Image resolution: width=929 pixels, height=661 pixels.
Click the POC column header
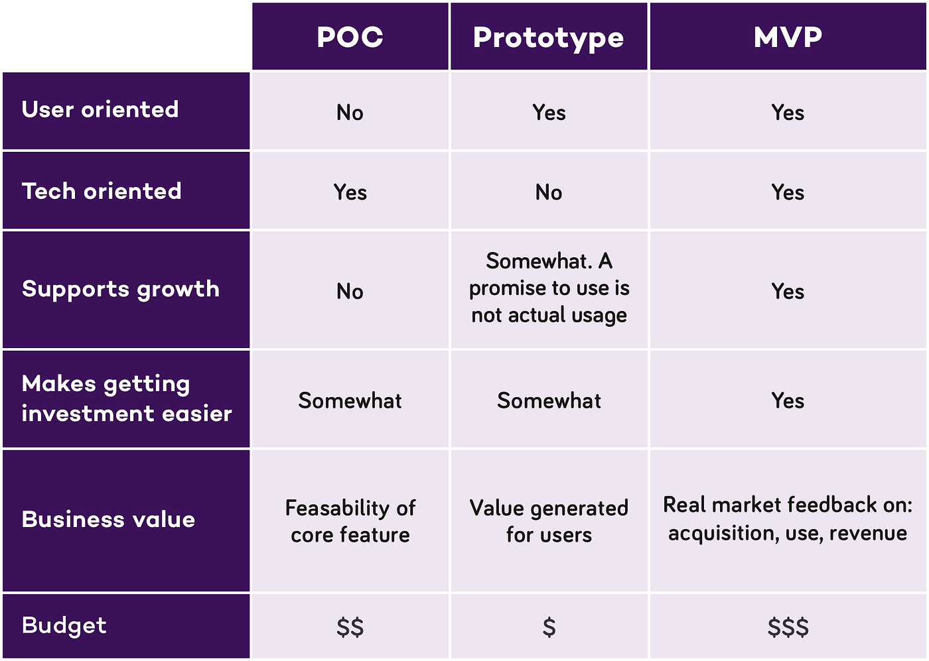click(x=350, y=37)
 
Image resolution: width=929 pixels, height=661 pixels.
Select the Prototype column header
click(x=549, y=38)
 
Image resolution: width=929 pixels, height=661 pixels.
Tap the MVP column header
click(x=788, y=37)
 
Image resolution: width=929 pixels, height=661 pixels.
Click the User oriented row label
click(x=100, y=109)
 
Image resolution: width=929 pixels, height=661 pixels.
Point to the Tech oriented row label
click(x=102, y=191)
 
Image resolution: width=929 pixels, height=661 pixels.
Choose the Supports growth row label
click(x=120, y=289)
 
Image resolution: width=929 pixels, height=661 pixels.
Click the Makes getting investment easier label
click(x=126, y=398)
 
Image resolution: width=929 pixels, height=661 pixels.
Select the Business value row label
click(x=108, y=519)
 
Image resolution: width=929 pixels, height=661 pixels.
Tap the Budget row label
click(x=64, y=625)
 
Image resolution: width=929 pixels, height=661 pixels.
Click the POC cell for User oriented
click(x=350, y=113)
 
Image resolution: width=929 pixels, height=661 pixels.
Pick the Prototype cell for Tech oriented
click(x=549, y=192)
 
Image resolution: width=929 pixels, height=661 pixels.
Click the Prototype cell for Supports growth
click(x=549, y=288)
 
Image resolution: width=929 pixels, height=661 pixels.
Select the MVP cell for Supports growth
click(x=788, y=291)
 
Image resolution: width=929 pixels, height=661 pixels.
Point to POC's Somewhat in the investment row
click(x=350, y=400)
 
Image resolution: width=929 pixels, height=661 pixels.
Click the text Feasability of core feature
click(x=350, y=521)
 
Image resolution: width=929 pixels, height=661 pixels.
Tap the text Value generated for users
click(x=549, y=521)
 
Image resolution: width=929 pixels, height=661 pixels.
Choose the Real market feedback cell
click(x=788, y=518)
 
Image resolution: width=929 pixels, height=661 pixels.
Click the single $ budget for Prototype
click(x=549, y=627)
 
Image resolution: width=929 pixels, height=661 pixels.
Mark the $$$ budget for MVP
click(x=788, y=627)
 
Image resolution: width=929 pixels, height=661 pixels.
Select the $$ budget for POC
click(x=350, y=627)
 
